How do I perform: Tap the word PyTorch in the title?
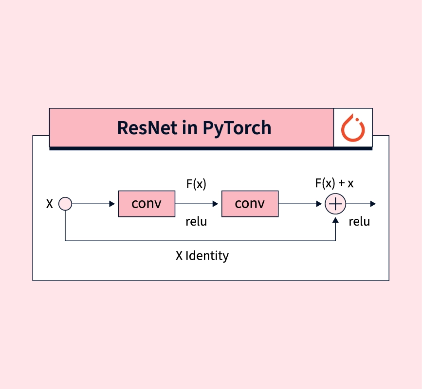click(237, 128)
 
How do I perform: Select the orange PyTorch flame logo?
click(353, 128)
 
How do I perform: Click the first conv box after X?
click(147, 203)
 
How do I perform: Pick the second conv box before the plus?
click(250, 203)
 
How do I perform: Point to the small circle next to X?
click(65, 203)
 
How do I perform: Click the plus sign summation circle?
click(335, 203)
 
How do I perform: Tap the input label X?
click(50, 204)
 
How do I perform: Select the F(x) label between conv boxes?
click(196, 184)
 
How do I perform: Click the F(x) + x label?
click(334, 184)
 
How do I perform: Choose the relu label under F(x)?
click(196, 222)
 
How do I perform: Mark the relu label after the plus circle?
click(359, 222)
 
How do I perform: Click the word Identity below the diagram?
click(207, 255)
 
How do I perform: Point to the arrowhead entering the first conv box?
click(112, 203)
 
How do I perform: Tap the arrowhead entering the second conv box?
click(215, 203)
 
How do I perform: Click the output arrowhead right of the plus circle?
click(372, 203)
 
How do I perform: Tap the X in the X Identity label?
click(179, 255)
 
